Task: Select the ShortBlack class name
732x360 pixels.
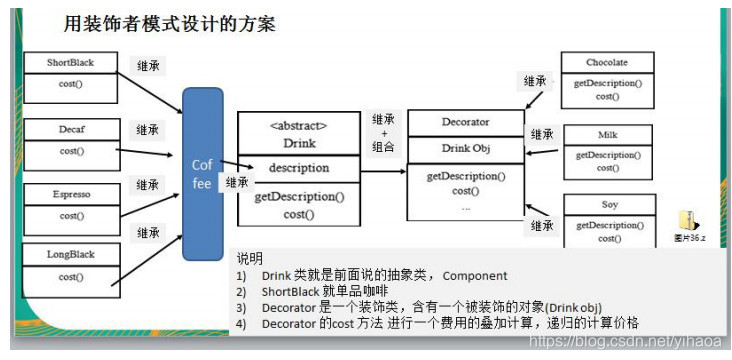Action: click(70, 63)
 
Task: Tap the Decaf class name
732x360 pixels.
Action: click(70, 129)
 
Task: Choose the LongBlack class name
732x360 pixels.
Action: click(70, 254)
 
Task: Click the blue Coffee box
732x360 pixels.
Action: click(203, 173)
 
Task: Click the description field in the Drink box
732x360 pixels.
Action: click(297, 168)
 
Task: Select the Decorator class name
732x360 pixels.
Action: click(465, 122)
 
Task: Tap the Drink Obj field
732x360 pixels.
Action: click(465, 149)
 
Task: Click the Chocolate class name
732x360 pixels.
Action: click(607, 63)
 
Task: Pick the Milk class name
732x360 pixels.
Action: click(607, 134)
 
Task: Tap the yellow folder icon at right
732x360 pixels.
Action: click(688, 221)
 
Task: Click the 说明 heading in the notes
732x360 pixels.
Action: click(249, 258)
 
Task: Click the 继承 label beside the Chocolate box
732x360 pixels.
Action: click(535, 81)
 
